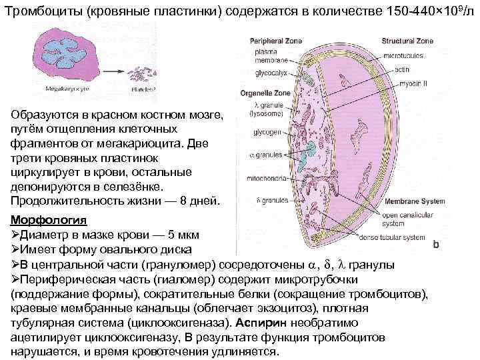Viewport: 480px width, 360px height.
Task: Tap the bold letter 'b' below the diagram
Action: coord(436,245)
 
